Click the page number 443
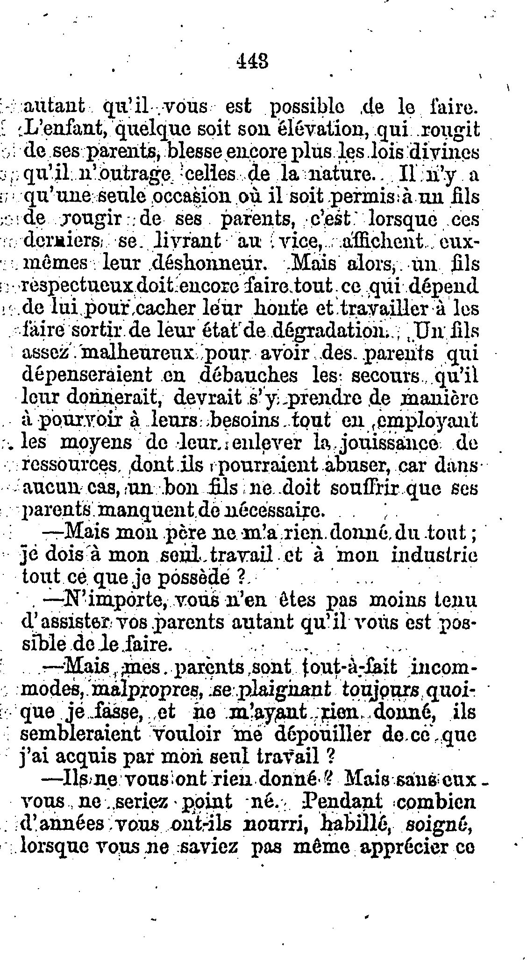[252, 61]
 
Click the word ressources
[69, 465]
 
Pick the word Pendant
[340, 801]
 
